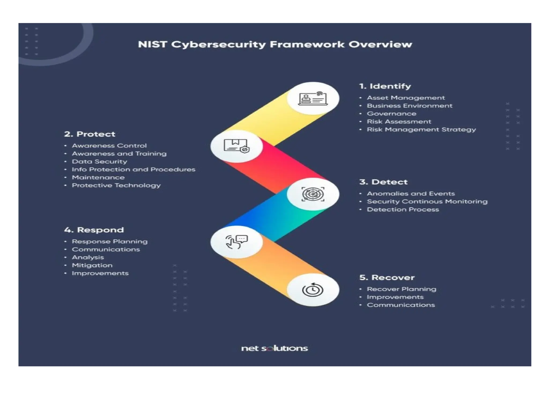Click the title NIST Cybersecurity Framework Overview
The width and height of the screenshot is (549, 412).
coord(275,44)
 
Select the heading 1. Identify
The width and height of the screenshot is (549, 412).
coord(385,86)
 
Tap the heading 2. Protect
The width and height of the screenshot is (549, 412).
coord(90,134)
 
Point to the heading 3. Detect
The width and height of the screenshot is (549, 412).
coord(383,182)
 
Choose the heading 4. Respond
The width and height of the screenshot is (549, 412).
coord(94,230)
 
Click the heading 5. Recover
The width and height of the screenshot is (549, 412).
coord(387,278)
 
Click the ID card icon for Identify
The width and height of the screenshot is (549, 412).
coord(313,98)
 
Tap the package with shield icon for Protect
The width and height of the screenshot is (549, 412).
coord(236,146)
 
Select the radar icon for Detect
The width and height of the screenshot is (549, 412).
coord(313,194)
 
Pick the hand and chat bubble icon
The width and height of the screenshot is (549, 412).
coord(236,242)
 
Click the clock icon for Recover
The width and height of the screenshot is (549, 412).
coord(313,290)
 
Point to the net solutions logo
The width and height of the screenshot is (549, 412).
coord(274,348)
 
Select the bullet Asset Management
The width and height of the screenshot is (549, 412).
coord(406,98)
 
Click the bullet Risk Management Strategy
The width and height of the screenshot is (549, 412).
coord(421,130)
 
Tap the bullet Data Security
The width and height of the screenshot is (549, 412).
coord(99,161)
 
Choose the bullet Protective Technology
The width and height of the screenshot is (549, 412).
coord(116,185)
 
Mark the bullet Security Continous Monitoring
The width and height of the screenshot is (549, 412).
coord(427,201)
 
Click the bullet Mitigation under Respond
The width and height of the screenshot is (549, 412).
coord(92,265)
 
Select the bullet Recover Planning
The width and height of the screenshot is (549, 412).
coord(401,289)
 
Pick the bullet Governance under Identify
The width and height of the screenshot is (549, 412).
coord(391,114)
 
